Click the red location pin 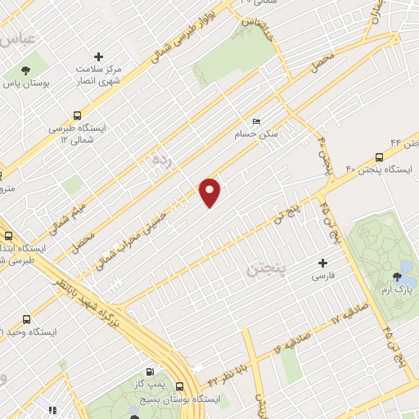click(x=210, y=192)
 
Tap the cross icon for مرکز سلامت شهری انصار click(x=99, y=57)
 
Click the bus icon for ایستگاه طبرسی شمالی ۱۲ click(x=77, y=115)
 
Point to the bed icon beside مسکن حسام click(x=258, y=122)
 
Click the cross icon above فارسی click(x=322, y=264)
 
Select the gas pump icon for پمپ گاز click(x=148, y=372)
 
